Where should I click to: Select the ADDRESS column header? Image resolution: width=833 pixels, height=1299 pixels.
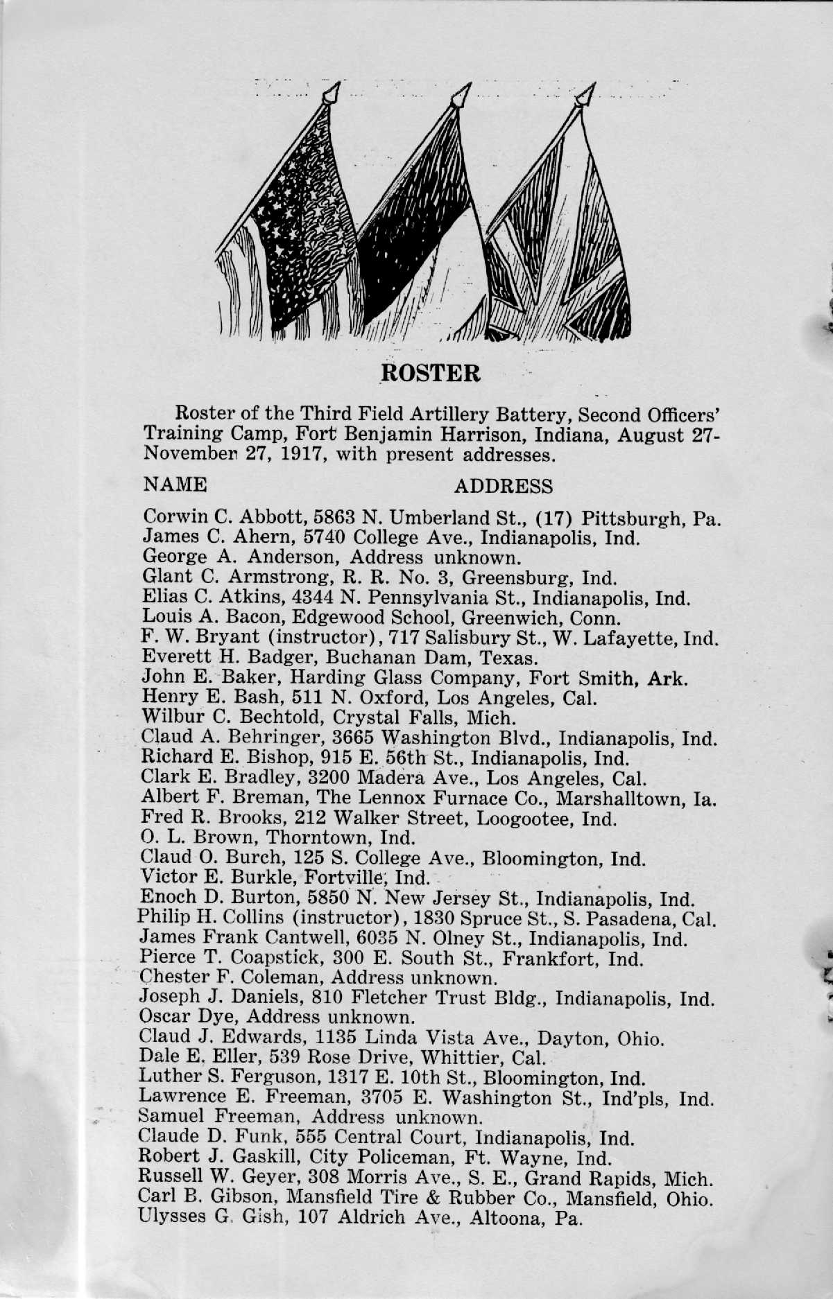[x=504, y=486]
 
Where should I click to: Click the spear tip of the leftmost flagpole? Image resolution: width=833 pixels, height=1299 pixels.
[x=332, y=92]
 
